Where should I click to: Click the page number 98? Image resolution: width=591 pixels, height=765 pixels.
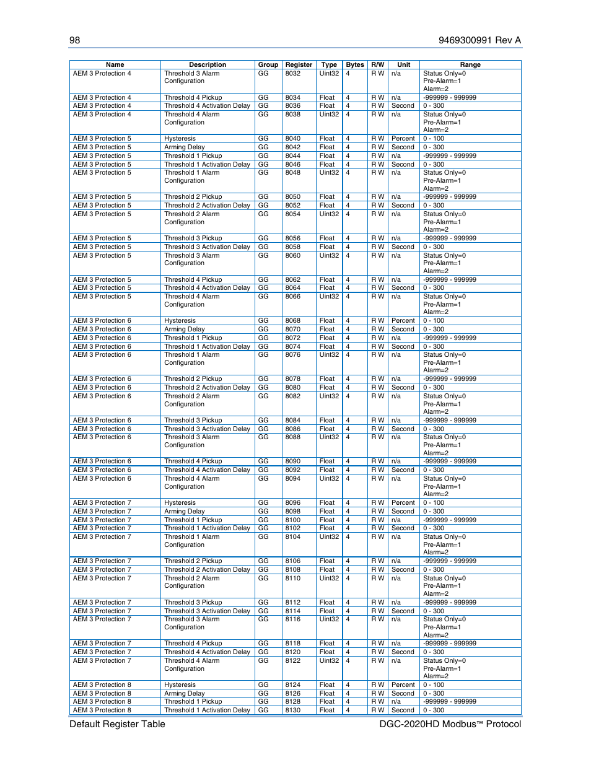tap(74, 40)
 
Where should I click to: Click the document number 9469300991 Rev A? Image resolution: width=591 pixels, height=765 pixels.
tap(479, 40)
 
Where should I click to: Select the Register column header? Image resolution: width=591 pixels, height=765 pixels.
tap(299, 64)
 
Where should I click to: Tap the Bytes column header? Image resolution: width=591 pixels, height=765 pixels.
tap(355, 64)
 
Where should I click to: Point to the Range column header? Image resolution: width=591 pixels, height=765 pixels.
tap(470, 64)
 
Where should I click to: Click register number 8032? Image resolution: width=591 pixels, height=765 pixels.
tap(292, 73)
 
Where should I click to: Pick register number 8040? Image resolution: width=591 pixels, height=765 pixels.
tap(292, 139)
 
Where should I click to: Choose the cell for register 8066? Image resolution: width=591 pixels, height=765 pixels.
tap(292, 297)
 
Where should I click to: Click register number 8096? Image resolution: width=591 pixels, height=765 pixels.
tap(292, 503)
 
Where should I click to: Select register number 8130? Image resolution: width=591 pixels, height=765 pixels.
tap(292, 710)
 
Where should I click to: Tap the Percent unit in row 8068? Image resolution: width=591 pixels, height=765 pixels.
tap(403, 321)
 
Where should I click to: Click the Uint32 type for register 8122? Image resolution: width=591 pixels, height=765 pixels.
tap(329, 661)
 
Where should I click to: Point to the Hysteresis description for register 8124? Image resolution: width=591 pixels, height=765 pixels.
tap(180, 685)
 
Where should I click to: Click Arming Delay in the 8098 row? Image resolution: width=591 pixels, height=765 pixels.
tap(184, 512)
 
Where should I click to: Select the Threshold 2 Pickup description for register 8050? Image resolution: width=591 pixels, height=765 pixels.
tap(193, 197)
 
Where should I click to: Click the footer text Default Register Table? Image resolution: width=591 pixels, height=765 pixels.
tap(117, 724)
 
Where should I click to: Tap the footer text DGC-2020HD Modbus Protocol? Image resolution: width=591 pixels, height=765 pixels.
tap(450, 724)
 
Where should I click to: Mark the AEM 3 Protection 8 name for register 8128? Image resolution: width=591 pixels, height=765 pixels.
tap(102, 702)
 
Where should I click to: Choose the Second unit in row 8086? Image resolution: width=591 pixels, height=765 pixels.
tap(403, 429)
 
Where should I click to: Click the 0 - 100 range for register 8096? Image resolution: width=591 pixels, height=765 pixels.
tap(434, 503)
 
